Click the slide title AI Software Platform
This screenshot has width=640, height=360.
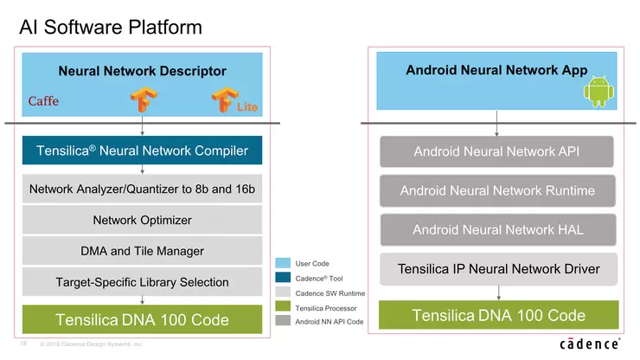coord(110,27)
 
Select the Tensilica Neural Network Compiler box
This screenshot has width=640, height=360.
coord(142,151)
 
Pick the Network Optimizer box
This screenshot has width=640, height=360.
coord(142,220)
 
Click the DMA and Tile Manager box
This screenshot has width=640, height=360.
coord(142,251)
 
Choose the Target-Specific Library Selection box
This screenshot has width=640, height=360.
coord(142,281)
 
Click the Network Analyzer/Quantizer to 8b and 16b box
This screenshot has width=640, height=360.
coord(142,189)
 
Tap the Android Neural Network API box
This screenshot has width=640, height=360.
coord(496,151)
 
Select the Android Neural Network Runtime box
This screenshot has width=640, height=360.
coord(496,190)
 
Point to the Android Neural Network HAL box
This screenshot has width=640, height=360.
coord(496,229)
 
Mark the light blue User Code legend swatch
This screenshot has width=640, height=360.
coord(282,262)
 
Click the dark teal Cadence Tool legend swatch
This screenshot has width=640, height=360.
coord(282,277)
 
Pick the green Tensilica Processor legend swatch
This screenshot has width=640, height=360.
coord(282,306)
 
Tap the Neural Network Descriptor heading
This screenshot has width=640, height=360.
coord(142,70)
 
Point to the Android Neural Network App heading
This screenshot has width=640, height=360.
coord(496,70)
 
